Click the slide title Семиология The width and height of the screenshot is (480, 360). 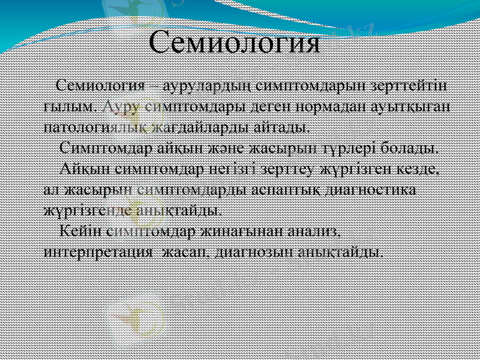[234, 43]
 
